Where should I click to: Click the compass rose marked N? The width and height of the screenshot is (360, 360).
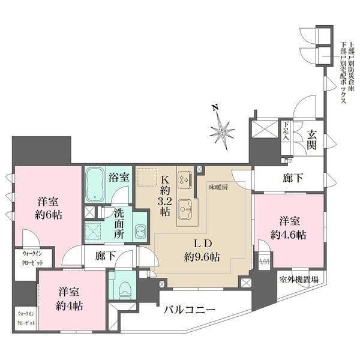[224, 129]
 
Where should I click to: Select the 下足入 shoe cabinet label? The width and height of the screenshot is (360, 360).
[286, 131]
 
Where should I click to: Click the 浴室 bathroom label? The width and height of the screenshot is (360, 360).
[119, 177]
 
